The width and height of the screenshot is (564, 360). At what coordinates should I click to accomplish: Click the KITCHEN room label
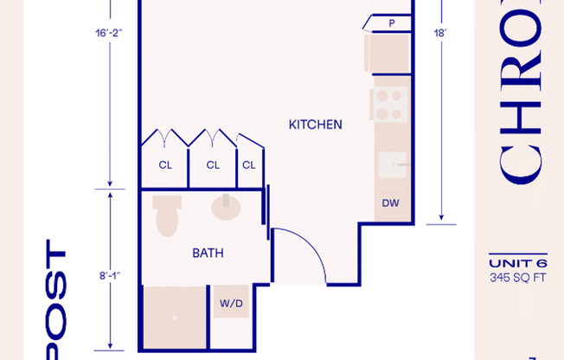[315, 125]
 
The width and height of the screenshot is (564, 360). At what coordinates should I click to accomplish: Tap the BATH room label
[208, 254]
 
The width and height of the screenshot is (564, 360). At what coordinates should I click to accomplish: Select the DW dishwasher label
[391, 204]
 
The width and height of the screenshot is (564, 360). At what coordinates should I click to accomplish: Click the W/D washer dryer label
[231, 304]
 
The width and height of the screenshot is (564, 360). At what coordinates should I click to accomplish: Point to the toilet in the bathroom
[166, 216]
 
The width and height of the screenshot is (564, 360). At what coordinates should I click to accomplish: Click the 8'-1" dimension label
[110, 275]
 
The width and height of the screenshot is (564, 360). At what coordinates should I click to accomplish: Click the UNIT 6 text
[518, 264]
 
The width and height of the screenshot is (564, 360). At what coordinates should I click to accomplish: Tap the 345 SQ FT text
[518, 278]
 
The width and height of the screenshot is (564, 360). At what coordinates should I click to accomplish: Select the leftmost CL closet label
[164, 164]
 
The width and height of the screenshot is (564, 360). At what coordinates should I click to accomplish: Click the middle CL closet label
[212, 164]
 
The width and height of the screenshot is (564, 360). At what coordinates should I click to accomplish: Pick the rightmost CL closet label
[249, 164]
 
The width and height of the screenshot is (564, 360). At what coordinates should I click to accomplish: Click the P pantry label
[392, 23]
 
